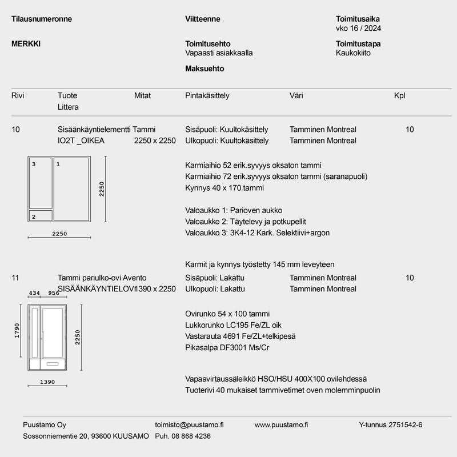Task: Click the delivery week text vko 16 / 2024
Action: [360, 28]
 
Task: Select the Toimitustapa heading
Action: [359, 43]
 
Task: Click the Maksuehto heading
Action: [205, 69]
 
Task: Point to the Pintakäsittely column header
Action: [207, 96]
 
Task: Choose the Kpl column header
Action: [399, 96]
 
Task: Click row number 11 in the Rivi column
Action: [15, 278]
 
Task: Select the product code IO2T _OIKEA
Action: [81, 141]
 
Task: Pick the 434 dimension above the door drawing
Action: [35, 294]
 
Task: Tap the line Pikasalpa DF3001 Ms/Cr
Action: [227, 347]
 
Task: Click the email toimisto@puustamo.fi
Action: [189, 425]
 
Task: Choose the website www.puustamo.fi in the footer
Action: [281, 425]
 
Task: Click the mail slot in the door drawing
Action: [53, 363]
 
